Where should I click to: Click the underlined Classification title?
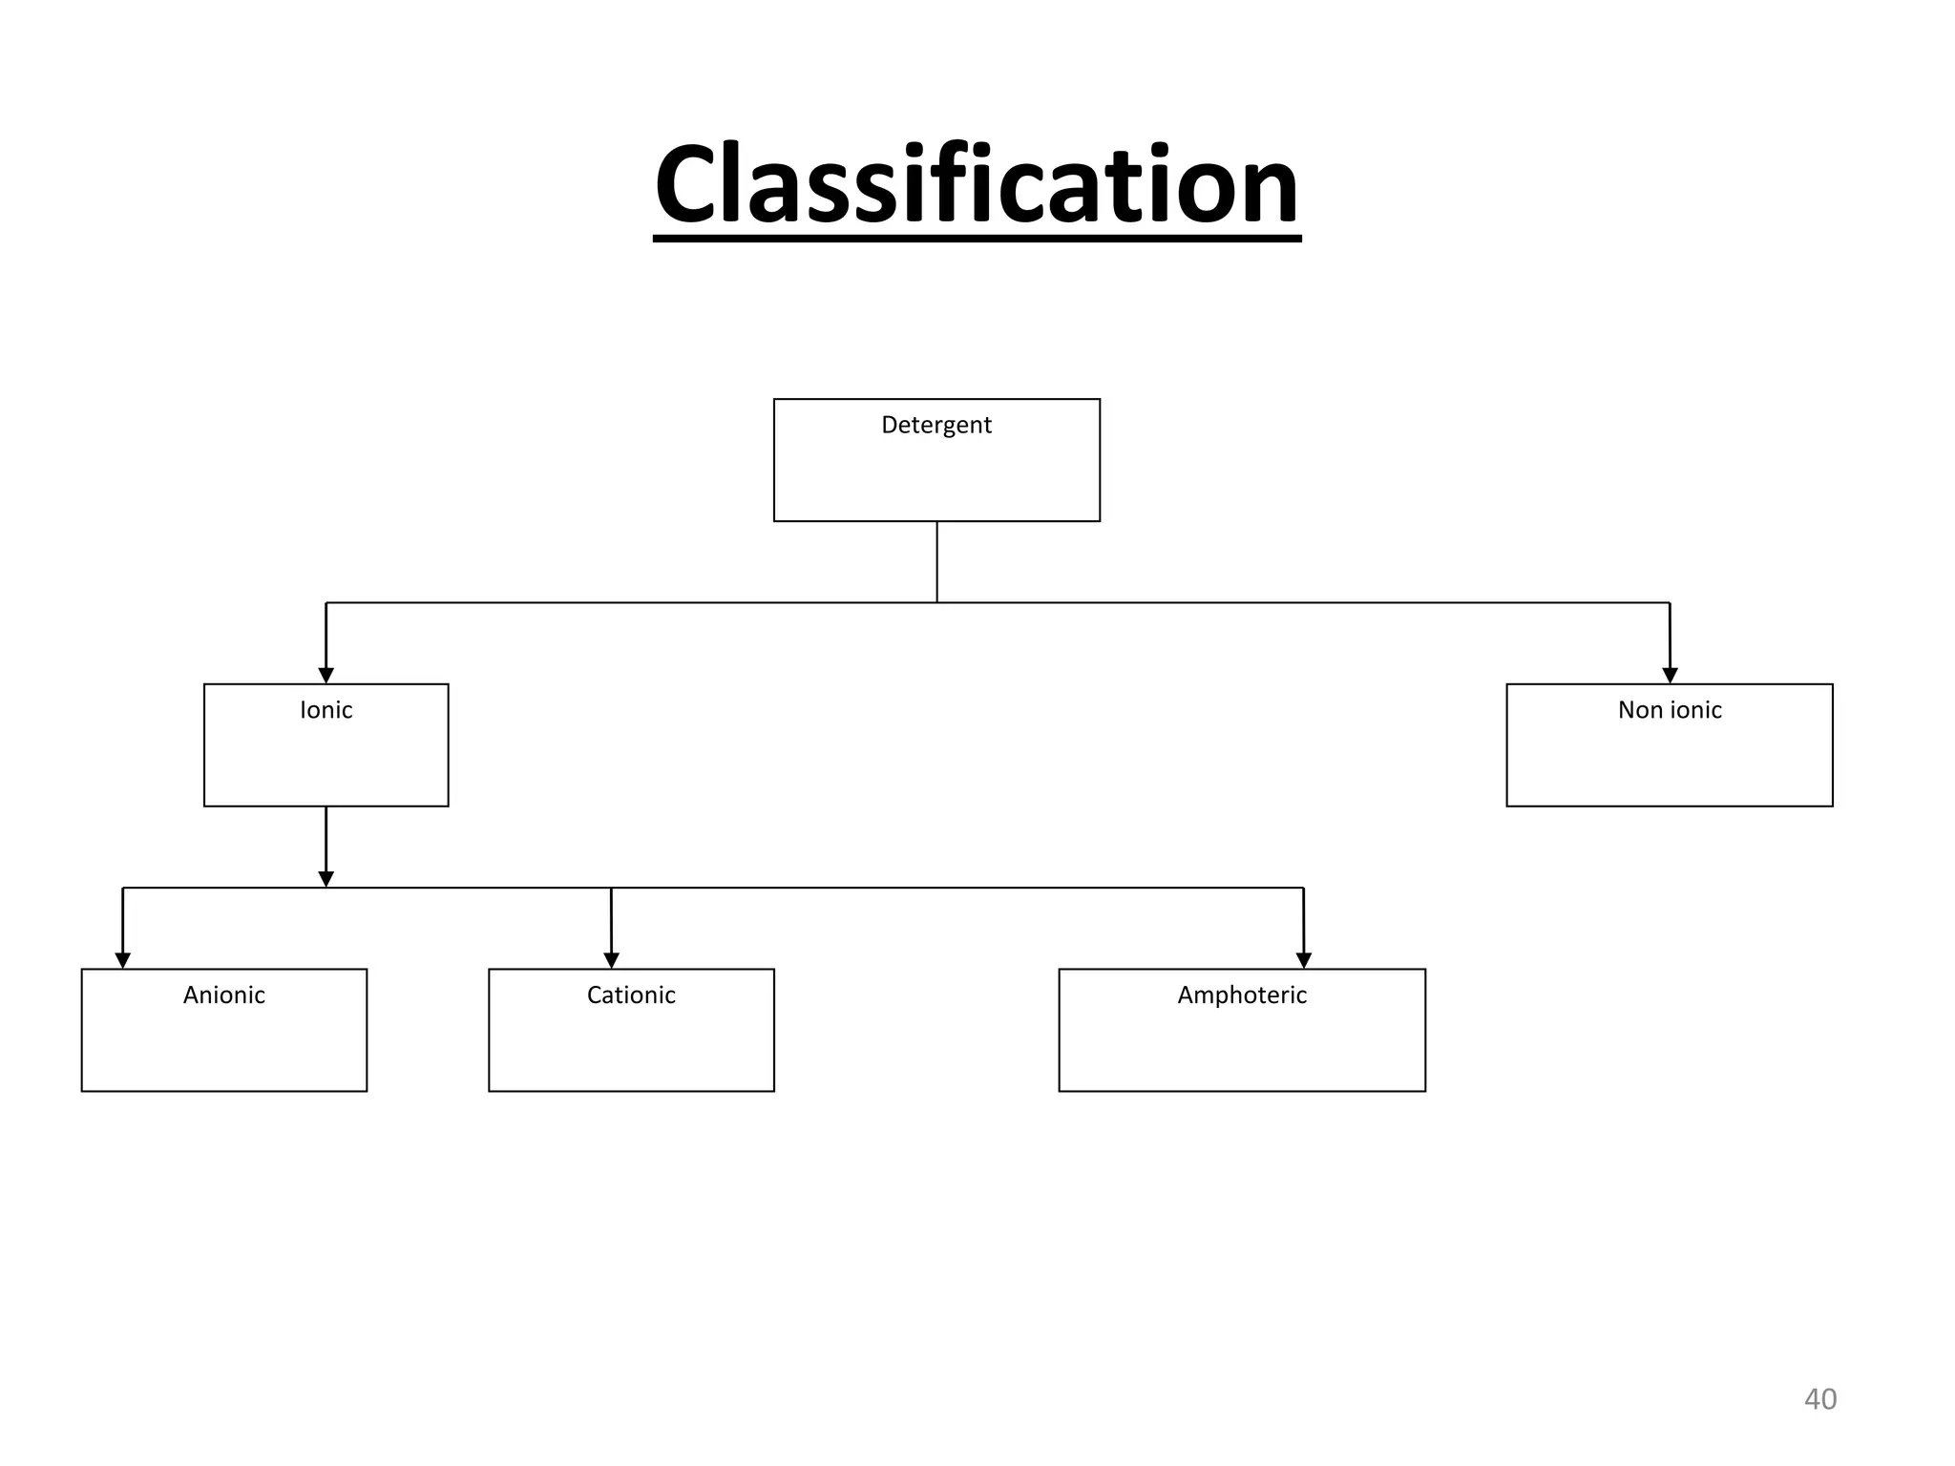coord(977,184)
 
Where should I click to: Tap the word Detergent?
coord(936,425)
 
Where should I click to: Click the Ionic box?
coord(326,759)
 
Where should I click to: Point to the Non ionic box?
coord(1669,759)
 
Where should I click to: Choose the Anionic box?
coord(224,1044)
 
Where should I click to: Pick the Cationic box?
coord(631,1044)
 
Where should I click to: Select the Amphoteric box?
coord(1242,1044)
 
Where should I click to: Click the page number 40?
coord(1819,1399)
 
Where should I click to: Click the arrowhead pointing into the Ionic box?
coord(326,676)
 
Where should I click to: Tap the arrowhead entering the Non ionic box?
coord(1670,676)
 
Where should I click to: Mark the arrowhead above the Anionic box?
coord(122,960)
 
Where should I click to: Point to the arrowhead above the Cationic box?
coord(611,960)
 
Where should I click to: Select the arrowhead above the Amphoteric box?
coord(1304,960)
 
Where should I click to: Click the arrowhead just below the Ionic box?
coord(326,879)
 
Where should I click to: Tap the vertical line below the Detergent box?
coord(936,562)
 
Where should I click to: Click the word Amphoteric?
coord(1242,995)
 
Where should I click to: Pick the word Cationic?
coord(631,995)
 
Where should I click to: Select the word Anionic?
coord(224,995)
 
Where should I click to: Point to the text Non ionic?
coord(1670,710)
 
